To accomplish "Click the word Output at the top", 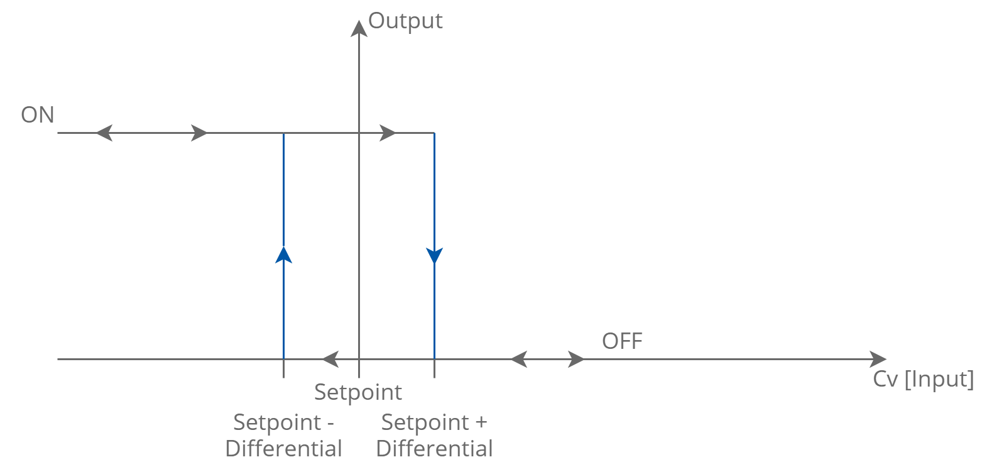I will pyautogui.click(x=405, y=21).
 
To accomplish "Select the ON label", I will pyautogui.click(x=38, y=115).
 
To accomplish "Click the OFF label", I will pyautogui.click(x=622, y=341).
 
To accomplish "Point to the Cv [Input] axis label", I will pyautogui.click(x=922, y=380).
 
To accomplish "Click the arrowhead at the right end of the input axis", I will pyautogui.click(x=879, y=360).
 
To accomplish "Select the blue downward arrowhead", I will pyautogui.click(x=434, y=256).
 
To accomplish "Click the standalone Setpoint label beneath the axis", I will pyautogui.click(x=357, y=392).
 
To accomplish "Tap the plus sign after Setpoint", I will pyautogui.click(x=481, y=422).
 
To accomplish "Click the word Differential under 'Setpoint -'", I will pyautogui.click(x=283, y=449).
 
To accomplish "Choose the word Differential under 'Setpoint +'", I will pyautogui.click(x=434, y=449).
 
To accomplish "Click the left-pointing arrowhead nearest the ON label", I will pyautogui.click(x=103, y=133).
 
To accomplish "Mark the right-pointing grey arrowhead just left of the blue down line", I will pyautogui.click(x=388, y=133).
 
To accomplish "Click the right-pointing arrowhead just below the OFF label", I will pyautogui.click(x=577, y=360).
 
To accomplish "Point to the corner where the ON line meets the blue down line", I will pyautogui.click(x=434, y=133).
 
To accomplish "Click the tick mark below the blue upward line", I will pyautogui.click(x=284, y=370).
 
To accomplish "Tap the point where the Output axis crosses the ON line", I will pyautogui.click(x=359, y=133).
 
